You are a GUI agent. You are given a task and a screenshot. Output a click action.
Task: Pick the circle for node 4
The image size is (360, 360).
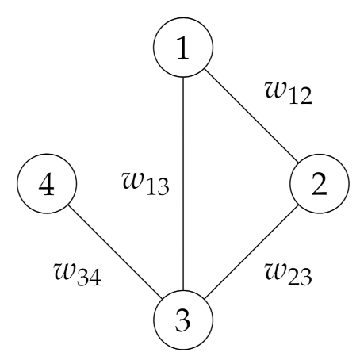[x=47, y=186]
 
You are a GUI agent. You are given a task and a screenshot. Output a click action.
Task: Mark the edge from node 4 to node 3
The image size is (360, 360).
[x=116, y=255]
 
